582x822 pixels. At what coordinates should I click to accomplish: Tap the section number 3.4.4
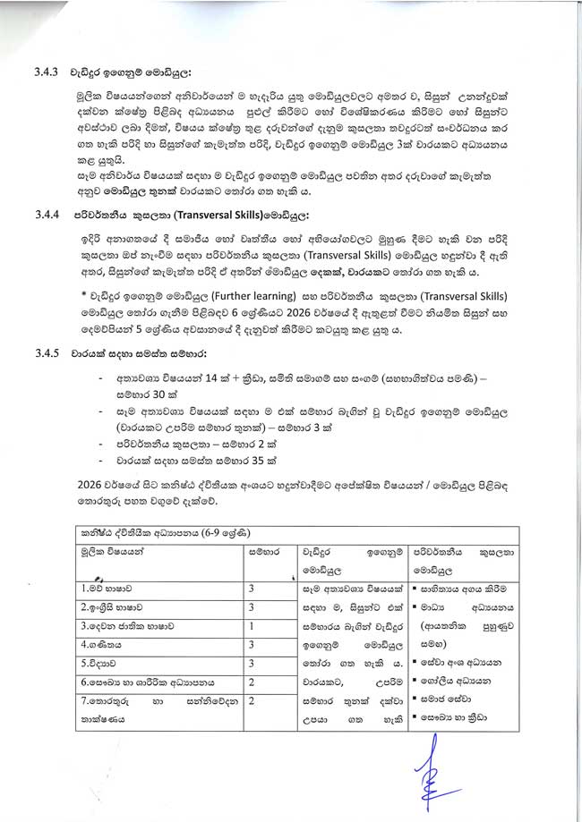(46, 216)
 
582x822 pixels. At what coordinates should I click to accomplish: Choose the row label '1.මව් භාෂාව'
(106, 588)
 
